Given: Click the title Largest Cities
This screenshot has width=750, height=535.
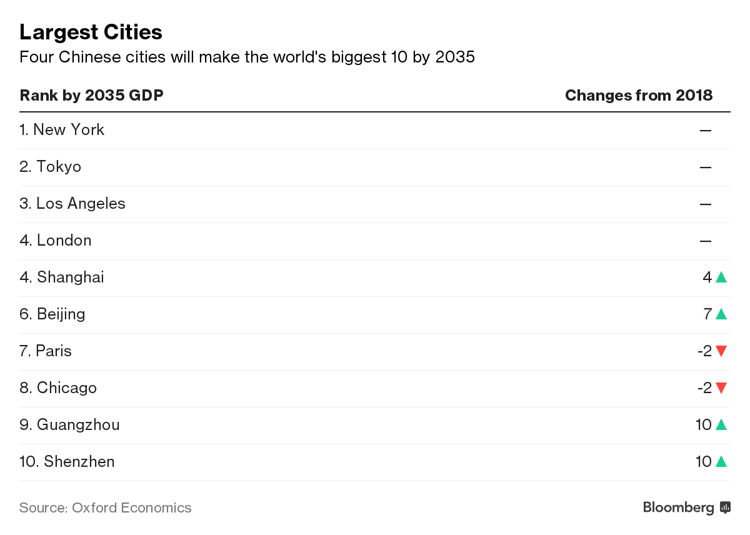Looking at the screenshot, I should click(x=91, y=32).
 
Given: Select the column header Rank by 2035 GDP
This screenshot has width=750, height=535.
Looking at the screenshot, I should click(x=91, y=95).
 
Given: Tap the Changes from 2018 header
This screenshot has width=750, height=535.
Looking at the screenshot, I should click(x=638, y=95).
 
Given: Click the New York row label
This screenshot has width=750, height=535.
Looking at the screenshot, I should click(x=62, y=130).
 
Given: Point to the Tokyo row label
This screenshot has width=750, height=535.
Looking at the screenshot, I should click(x=51, y=167).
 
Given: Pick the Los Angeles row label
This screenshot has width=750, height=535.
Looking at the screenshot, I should click(x=72, y=204).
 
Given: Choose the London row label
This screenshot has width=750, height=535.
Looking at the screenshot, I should click(x=56, y=241).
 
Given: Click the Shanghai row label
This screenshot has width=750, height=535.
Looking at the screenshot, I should click(x=62, y=277).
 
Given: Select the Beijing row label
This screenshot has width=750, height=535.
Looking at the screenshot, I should click(x=52, y=314).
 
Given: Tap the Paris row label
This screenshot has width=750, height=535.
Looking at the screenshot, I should click(x=46, y=351).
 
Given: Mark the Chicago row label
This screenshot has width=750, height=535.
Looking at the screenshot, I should click(x=58, y=388).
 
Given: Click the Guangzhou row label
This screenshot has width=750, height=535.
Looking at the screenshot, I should click(x=69, y=425).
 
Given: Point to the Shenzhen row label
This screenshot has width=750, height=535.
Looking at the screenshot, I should click(x=67, y=462).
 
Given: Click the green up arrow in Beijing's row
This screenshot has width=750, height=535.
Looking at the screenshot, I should click(x=721, y=314).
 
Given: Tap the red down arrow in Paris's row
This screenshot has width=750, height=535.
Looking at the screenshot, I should click(x=721, y=351).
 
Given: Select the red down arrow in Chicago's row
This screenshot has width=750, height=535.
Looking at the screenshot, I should click(x=721, y=388).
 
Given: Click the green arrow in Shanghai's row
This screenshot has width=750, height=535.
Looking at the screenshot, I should click(x=721, y=277).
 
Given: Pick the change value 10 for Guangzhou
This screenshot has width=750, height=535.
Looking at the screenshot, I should click(x=703, y=425).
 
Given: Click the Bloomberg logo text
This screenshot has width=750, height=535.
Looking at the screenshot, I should click(x=679, y=507).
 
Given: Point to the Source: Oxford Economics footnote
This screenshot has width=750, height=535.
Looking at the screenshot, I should click(x=105, y=507).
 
